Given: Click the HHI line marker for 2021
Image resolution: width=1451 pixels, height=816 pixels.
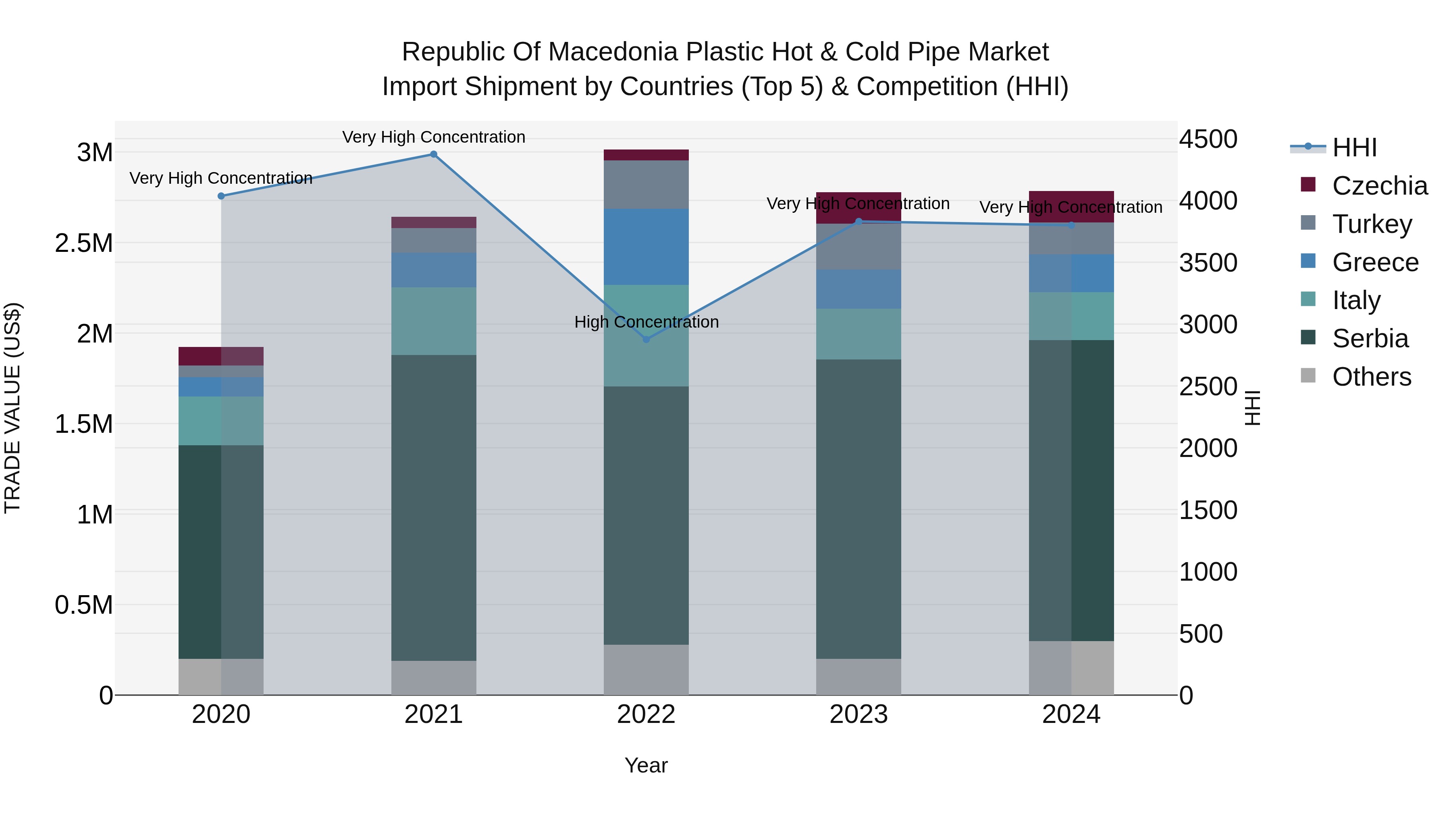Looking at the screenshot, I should pos(433,154).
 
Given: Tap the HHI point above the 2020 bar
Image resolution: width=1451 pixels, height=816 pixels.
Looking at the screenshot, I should pos(221,196).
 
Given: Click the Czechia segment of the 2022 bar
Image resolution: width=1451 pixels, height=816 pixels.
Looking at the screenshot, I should pos(646,155).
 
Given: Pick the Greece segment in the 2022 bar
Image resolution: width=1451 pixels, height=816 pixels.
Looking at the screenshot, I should pos(646,247).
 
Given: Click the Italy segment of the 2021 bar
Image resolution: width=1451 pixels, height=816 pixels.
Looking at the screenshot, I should pos(433,321).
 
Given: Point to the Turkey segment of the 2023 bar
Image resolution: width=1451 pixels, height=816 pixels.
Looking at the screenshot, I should pos(859,247).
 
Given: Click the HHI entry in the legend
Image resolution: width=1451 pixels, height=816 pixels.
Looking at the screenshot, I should pos(1354,147).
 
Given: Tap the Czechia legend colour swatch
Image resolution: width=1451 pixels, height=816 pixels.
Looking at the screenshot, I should pos(1308,185).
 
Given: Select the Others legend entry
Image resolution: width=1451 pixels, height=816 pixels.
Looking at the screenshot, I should pos(1371,377).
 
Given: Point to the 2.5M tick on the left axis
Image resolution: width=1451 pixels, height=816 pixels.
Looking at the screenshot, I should pos(83,243).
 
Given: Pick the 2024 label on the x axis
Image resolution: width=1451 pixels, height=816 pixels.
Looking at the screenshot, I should pos(1071,714).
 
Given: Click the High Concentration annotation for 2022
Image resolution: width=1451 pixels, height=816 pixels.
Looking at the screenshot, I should pos(646,322).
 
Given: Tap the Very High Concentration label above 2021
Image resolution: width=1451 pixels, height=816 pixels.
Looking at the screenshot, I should pos(433,137).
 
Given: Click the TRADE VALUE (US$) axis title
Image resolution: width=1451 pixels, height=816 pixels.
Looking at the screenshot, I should pos(12,408).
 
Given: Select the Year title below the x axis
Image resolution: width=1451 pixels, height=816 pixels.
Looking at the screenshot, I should pos(646,765).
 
